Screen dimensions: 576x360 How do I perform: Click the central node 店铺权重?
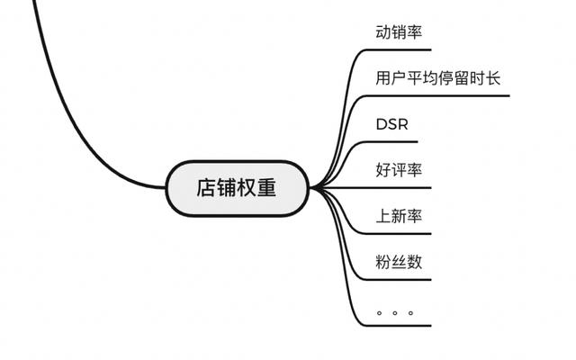coord(237,188)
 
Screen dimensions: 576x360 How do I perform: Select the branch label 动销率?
coord(399,32)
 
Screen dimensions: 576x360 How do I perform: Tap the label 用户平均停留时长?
coord(438,78)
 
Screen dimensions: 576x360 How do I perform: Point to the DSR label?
coord(392,124)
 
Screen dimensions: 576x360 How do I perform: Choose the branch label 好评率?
coord(399,170)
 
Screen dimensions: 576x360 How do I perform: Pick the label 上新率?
coord(399,216)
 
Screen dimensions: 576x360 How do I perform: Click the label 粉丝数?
coord(399,262)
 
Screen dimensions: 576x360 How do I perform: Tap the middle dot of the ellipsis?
coord(395,313)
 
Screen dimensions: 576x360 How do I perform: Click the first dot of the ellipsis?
coord(380,313)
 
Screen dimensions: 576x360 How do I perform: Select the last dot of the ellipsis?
coord(410,313)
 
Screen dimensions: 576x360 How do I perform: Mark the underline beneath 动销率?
coord(399,49)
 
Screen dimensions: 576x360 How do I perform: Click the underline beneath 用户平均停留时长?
coord(438,96)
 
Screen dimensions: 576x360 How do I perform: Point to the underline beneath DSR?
coord(392,142)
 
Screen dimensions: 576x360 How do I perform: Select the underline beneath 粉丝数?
coord(399,280)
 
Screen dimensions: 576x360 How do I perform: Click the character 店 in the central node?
coord(206,188)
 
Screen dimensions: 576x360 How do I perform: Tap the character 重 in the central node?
coord(266,188)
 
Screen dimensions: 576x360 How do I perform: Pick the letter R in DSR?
coord(402,124)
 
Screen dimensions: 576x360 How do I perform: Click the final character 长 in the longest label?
coord(492,78)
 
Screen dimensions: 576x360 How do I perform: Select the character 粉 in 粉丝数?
coord(383,262)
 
